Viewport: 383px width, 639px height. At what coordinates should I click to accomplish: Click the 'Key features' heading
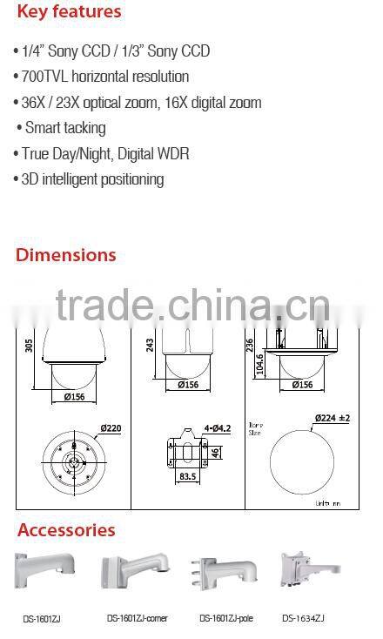[x=68, y=12]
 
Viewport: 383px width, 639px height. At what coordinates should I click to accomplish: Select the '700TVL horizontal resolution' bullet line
[x=101, y=77]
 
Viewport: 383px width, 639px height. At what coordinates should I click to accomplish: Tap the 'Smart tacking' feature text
[x=65, y=128]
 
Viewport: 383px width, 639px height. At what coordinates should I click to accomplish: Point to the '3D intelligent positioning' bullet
[x=89, y=179]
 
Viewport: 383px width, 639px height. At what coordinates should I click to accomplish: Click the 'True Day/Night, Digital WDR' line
[x=101, y=154]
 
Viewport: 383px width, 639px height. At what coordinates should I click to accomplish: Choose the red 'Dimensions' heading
[x=65, y=255]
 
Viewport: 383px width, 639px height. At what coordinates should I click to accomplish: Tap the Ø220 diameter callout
[x=111, y=427]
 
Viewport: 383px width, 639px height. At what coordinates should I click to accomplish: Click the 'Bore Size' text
[x=256, y=427]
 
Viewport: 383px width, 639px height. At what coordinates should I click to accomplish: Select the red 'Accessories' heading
[x=66, y=530]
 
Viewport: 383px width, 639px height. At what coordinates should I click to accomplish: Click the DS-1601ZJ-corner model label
[x=137, y=619]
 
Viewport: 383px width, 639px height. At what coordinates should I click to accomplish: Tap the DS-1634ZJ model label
[x=302, y=619]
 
